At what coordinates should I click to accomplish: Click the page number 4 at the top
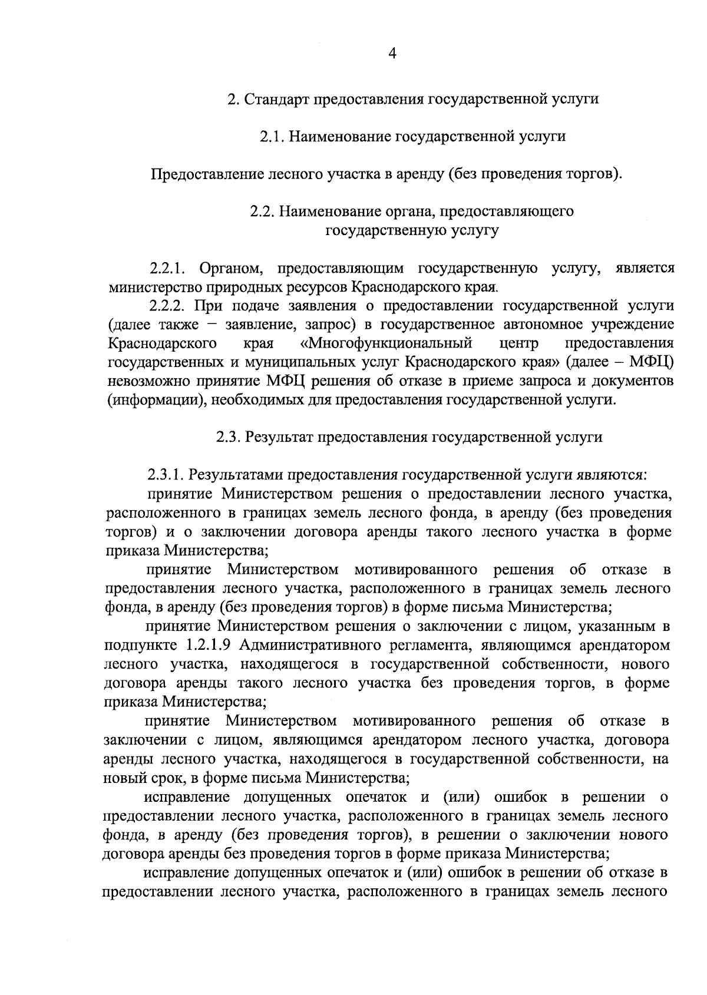coord(393,54)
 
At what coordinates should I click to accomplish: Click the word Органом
coord(230,269)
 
